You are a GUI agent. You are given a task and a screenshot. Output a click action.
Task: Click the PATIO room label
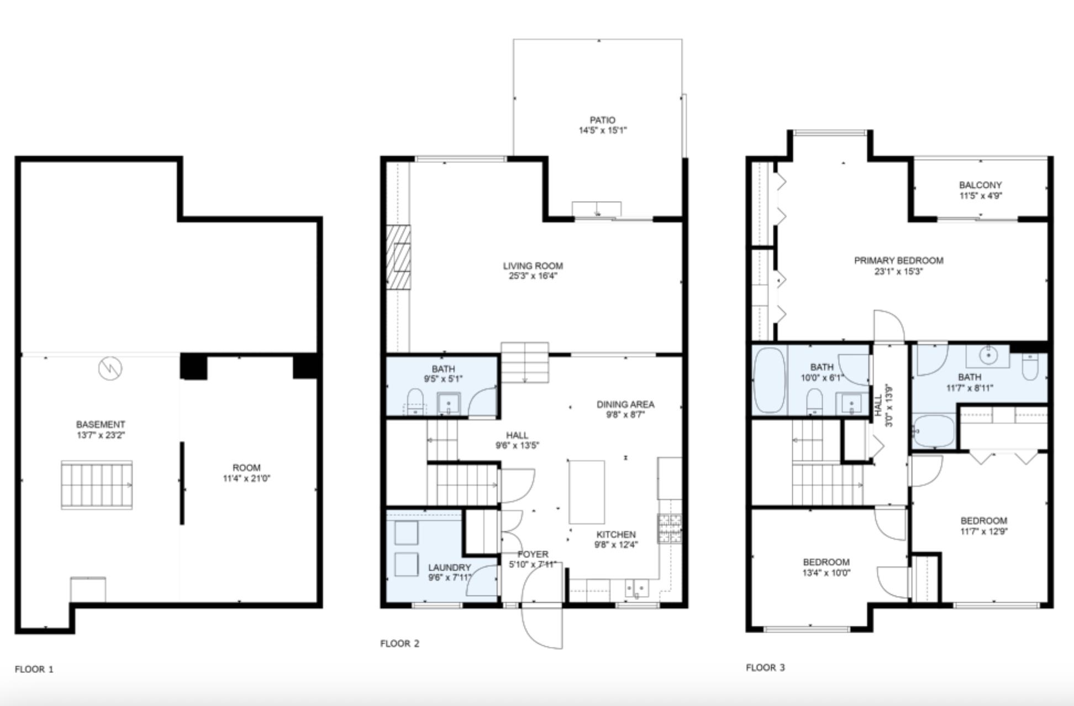click(602, 120)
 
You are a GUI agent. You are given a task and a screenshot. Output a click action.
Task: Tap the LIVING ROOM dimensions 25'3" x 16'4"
click(533, 276)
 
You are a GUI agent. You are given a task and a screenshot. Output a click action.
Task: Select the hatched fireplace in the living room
click(398, 257)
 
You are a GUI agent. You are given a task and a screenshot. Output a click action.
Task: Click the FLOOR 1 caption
click(34, 670)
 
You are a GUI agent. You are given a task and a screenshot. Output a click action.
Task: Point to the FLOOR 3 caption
click(765, 667)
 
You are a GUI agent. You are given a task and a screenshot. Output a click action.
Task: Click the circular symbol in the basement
click(110, 368)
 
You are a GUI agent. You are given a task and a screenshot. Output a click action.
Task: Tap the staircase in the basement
click(97, 485)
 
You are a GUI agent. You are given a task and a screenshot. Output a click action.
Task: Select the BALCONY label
click(980, 185)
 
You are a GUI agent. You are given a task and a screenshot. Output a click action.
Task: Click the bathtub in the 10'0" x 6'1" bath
click(770, 380)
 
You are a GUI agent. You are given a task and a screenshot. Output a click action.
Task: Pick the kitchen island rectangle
click(587, 492)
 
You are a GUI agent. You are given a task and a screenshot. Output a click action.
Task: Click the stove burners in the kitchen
click(669, 528)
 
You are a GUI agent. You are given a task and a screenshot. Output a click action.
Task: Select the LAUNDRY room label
click(449, 567)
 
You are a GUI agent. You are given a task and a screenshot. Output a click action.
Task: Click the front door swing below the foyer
click(543, 627)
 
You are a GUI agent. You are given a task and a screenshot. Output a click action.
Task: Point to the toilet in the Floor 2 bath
click(415, 400)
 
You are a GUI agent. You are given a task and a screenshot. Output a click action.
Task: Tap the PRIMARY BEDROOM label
click(898, 260)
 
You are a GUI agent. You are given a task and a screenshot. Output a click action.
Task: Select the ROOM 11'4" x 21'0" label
click(246, 467)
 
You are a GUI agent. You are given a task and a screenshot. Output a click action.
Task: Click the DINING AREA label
click(625, 404)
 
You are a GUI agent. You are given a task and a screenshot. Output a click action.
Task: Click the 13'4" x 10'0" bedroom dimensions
click(826, 573)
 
